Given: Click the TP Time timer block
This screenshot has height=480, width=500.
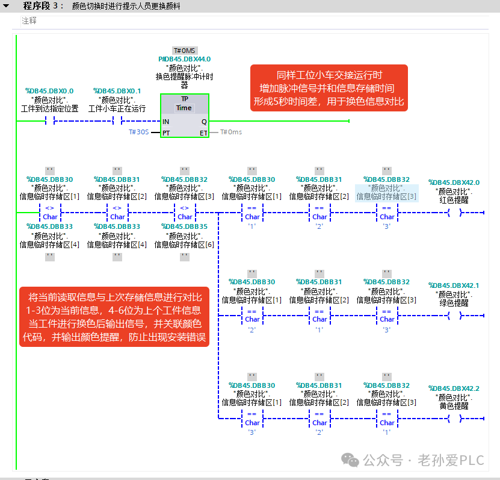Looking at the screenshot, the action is [185, 116].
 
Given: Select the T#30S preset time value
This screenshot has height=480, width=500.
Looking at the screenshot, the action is [139, 132].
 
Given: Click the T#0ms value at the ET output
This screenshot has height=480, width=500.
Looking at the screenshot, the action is [231, 132].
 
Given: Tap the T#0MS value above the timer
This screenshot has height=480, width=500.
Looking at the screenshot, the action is [185, 51].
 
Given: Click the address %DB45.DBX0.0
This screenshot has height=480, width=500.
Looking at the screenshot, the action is [49, 91].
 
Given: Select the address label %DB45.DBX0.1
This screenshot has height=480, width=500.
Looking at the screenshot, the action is [117, 91].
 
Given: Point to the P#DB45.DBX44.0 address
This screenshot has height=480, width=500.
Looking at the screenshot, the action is [185, 59].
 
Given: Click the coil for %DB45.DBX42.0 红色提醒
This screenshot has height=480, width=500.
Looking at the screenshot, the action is [455, 213].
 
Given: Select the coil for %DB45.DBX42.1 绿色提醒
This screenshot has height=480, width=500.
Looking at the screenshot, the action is [455, 316].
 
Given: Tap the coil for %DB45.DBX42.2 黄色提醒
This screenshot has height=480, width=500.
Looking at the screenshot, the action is [455, 419].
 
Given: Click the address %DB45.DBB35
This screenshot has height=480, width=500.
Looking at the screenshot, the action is [185, 226].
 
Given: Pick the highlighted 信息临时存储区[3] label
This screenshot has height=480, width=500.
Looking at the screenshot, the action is [386, 196].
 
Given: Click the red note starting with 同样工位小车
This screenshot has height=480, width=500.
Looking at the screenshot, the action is [329, 88].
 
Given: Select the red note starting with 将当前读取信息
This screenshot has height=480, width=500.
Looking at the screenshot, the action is [114, 317].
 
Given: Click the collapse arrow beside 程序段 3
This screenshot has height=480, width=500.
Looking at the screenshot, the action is [6, 6].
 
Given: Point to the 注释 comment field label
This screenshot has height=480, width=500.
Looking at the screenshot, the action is [29, 20].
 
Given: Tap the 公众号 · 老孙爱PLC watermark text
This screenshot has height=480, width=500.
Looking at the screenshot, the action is [424, 461].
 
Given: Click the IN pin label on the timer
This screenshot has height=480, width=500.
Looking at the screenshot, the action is [166, 122].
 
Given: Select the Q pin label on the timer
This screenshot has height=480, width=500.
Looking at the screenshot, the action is [204, 122].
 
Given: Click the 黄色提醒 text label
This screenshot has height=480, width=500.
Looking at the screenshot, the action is [454, 407].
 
